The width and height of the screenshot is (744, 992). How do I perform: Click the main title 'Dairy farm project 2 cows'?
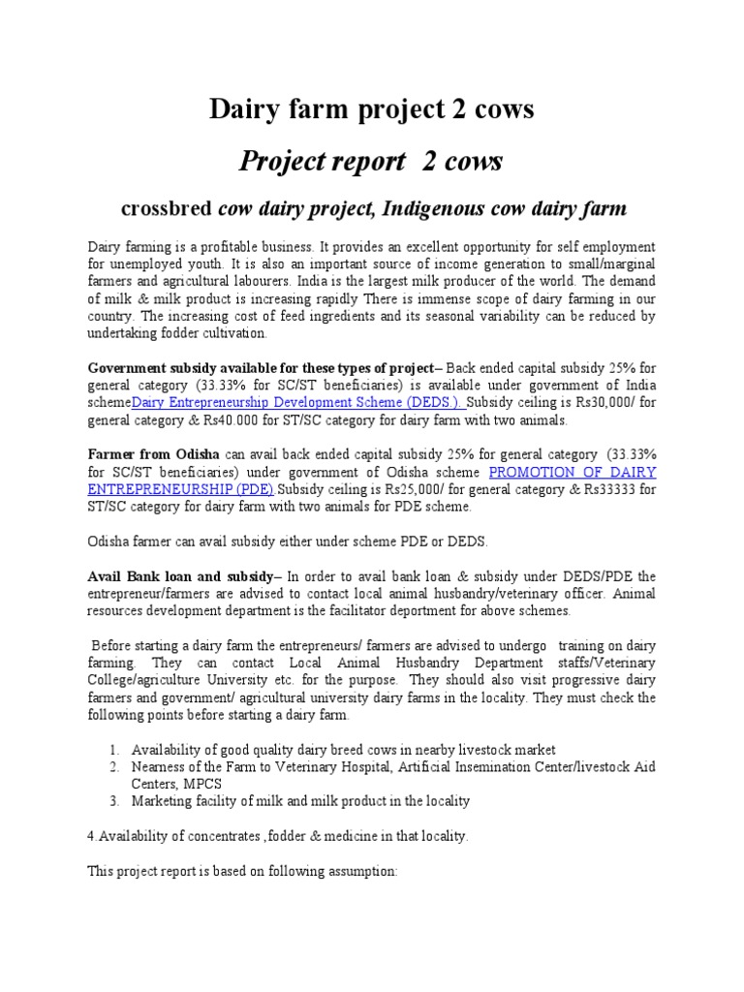(x=372, y=110)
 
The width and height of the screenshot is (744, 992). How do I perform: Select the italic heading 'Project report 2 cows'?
(x=371, y=162)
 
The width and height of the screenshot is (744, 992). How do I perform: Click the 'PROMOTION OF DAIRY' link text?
(x=573, y=472)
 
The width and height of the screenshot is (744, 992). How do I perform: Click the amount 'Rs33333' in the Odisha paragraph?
(x=611, y=489)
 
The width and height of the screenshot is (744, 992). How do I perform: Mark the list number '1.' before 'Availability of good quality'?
(x=113, y=749)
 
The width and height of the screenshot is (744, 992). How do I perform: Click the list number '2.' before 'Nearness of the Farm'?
(x=113, y=766)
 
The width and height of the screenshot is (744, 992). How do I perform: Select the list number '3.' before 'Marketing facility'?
(x=113, y=801)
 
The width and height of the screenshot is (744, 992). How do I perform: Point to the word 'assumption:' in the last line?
(x=362, y=871)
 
